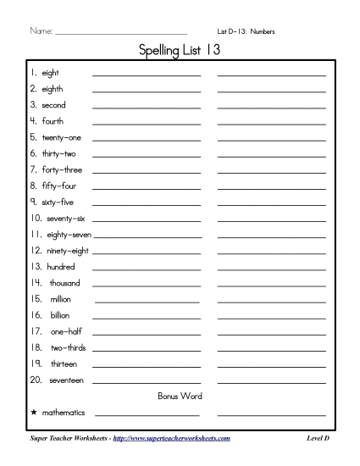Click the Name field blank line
(120, 33)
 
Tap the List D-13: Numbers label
(246, 31)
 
